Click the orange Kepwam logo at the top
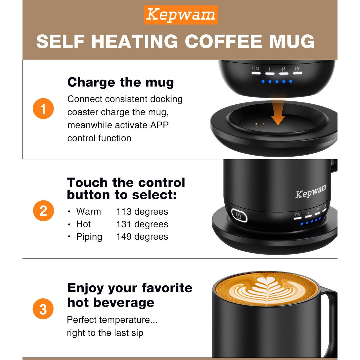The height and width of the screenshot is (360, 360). click(x=181, y=15)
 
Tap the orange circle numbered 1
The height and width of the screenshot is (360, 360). click(x=43, y=109)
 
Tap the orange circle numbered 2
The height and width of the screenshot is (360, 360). click(x=43, y=211)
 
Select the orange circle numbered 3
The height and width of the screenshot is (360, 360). click(x=43, y=309)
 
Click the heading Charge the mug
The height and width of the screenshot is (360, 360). click(x=120, y=82)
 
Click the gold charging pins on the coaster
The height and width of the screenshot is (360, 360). click(x=260, y=125)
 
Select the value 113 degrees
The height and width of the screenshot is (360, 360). click(x=142, y=212)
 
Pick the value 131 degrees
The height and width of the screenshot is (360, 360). click(x=142, y=224)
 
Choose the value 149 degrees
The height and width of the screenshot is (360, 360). click(x=142, y=237)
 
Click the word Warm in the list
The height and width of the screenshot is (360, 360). click(x=88, y=212)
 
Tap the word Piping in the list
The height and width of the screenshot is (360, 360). click(x=89, y=237)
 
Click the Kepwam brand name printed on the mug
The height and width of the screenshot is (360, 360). click(x=311, y=192)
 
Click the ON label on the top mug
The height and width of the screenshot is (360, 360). click(x=255, y=69)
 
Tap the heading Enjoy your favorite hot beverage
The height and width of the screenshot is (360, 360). click(x=130, y=295)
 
